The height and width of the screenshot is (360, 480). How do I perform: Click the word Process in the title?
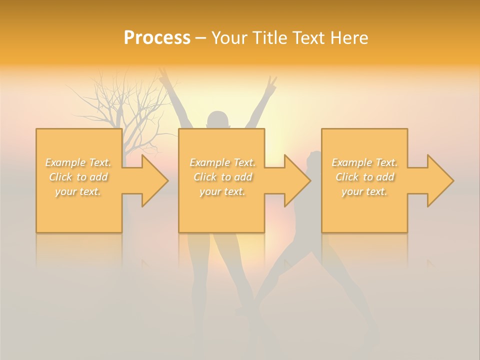pyautogui.click(x=157, y=38)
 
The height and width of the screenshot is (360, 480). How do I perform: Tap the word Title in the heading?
pyautogui.click(x=269, y=38)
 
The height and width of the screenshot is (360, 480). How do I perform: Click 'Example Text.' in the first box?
pyautogui.click(x=78, y=162)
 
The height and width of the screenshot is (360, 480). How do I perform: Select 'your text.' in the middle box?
pyautogui.click(x=222, y=191)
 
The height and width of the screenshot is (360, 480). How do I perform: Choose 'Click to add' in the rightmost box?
pyautogui.click(x=364, y=177)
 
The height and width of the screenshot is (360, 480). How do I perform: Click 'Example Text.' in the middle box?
pyautogui.click(x=222, y=162)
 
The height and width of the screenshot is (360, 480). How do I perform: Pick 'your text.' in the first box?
pyautogui.click(x=78, y=191)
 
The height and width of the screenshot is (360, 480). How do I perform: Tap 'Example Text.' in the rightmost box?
pyautogui.click(x=364, y=162)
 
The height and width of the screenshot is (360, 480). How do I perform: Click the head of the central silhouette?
pyautogui.click(x=218, y=120)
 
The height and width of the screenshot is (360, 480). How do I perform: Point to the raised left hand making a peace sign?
pyautogui.click(x=163, y=76)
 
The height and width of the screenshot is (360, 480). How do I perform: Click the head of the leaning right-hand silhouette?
pyautogui.click(x=314, y=159)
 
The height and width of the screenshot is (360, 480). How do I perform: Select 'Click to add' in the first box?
pyautogui.click(x=78, y=177)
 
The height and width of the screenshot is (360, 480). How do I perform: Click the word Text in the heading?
pyautogui.click(x=308, y=38)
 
